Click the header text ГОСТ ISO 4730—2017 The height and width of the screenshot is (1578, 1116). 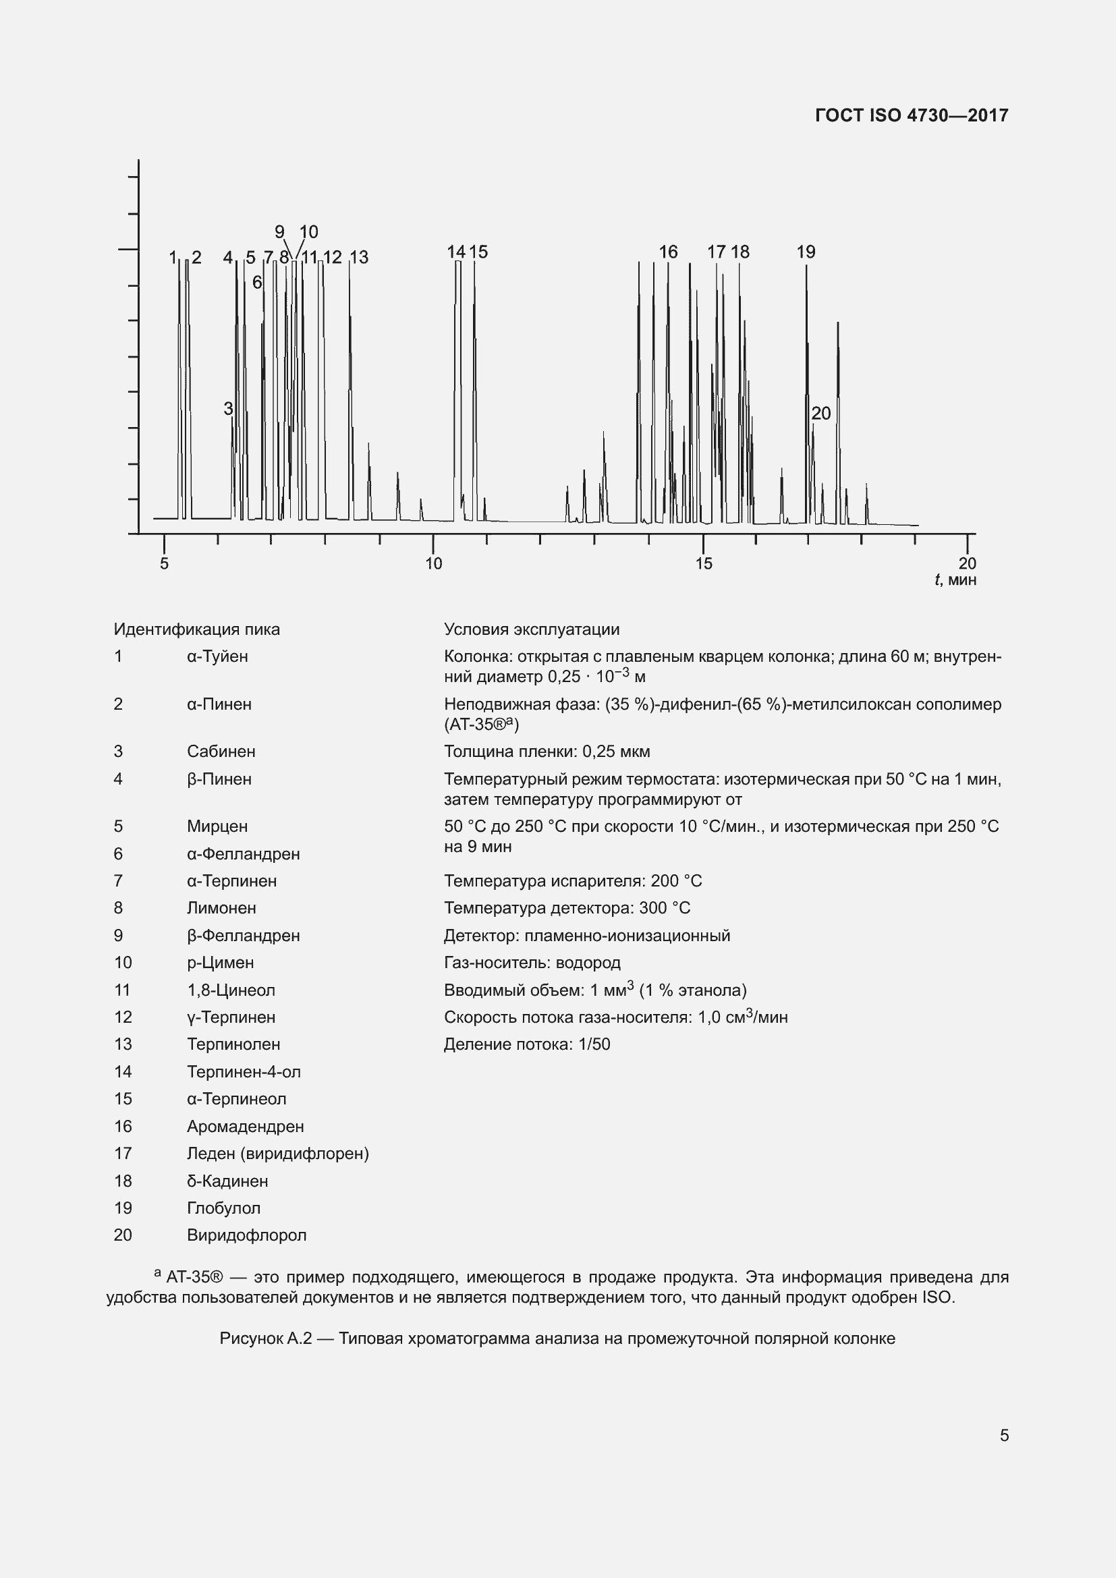point(911,115)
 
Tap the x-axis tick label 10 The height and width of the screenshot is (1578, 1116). point(434,563)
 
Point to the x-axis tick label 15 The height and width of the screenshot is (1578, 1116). point(703,563)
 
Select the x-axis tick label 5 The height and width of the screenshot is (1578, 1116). point(164,563)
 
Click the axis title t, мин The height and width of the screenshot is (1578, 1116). point(955,580)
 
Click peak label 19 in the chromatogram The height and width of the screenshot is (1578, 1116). point(806,252)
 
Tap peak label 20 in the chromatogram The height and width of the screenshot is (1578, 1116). point(820,414)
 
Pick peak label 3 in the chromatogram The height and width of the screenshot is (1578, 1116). point(228,409)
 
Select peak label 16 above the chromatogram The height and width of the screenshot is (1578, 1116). point(668,252)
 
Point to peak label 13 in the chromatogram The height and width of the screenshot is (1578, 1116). point(359,258)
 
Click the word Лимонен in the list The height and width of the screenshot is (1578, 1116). point(221,908)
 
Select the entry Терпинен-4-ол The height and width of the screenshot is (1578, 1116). point(244,1071)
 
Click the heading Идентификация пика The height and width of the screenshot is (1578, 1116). point(196,629)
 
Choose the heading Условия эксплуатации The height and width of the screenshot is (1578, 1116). point(531,629)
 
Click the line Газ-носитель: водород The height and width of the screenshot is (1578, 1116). point(532,963)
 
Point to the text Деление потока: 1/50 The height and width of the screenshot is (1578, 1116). point(526,1044)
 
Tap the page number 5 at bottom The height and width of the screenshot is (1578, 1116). point(1004,1436)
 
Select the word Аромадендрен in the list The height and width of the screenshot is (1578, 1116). point(246,1127)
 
